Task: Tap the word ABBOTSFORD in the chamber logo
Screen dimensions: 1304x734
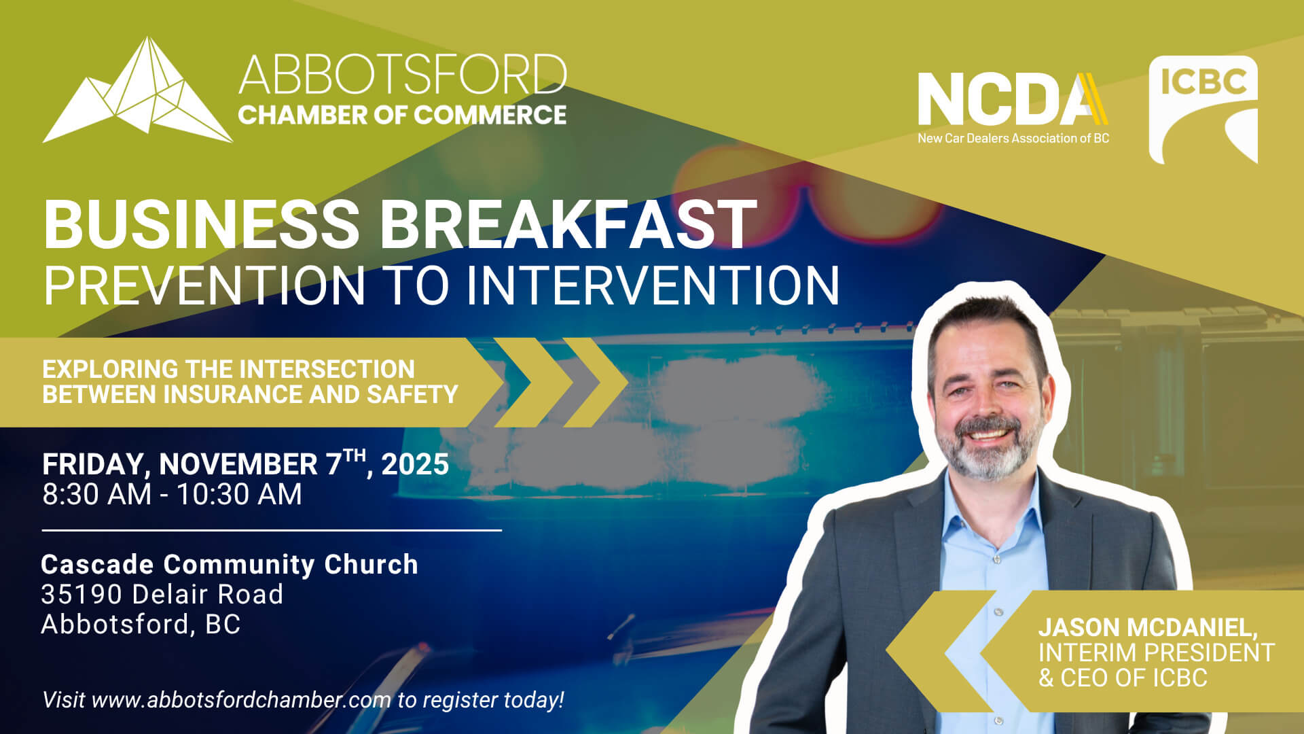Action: click(x=403, y=74)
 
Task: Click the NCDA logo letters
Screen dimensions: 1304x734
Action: click(x=1013, y=99)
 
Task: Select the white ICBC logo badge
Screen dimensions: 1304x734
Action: click(x=1203, y=109)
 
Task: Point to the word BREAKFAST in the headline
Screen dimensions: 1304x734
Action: click(x=568, y=224)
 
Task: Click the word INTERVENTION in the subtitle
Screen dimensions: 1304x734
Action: click(x=653, y=285)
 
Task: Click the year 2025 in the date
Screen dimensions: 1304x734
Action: click(x=415, y=465)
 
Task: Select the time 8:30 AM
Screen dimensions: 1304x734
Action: click(x=97, y=494)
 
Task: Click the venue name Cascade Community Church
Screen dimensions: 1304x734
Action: click(x=230, y=565)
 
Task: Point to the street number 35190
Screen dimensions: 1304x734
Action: click(x=81, y=595)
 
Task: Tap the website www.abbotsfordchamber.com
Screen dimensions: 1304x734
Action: click(x=241, y=700)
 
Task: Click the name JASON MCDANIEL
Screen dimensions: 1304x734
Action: click(x=1148, y=627)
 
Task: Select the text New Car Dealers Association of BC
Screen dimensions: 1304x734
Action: click(x=1013, y=138)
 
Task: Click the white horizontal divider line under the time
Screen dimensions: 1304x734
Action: click(x=272, y=530)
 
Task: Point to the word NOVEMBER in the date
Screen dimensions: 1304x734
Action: click(x=238, y=465)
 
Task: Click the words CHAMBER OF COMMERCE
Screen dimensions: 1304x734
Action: click(x=402, y=115)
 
